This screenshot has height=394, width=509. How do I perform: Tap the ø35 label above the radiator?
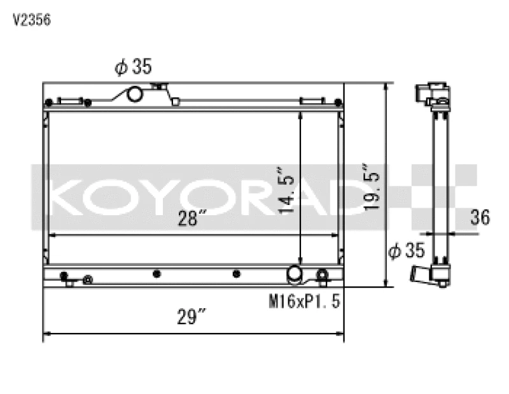click(133, 67)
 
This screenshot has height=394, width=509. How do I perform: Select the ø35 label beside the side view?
click(406, 251)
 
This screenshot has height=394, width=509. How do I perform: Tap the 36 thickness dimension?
click(480, 218)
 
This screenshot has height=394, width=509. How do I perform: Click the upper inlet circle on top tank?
click(136, 94)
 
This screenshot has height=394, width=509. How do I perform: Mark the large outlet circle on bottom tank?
click(295, 274)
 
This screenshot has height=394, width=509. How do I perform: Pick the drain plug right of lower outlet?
click(323, 275)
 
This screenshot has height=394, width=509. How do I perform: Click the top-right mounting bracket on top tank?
click(312, 101)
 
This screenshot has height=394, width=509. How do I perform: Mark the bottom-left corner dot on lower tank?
click(64, 276)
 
